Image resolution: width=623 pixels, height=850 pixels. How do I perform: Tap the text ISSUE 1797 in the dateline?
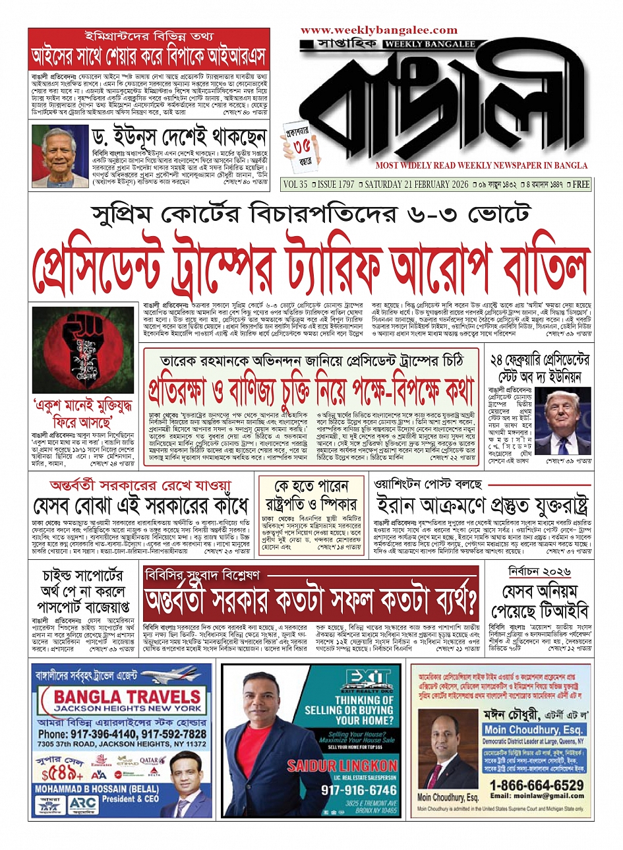[x=331, y=185]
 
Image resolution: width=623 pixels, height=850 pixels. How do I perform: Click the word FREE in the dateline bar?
[x=581, y=185]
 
